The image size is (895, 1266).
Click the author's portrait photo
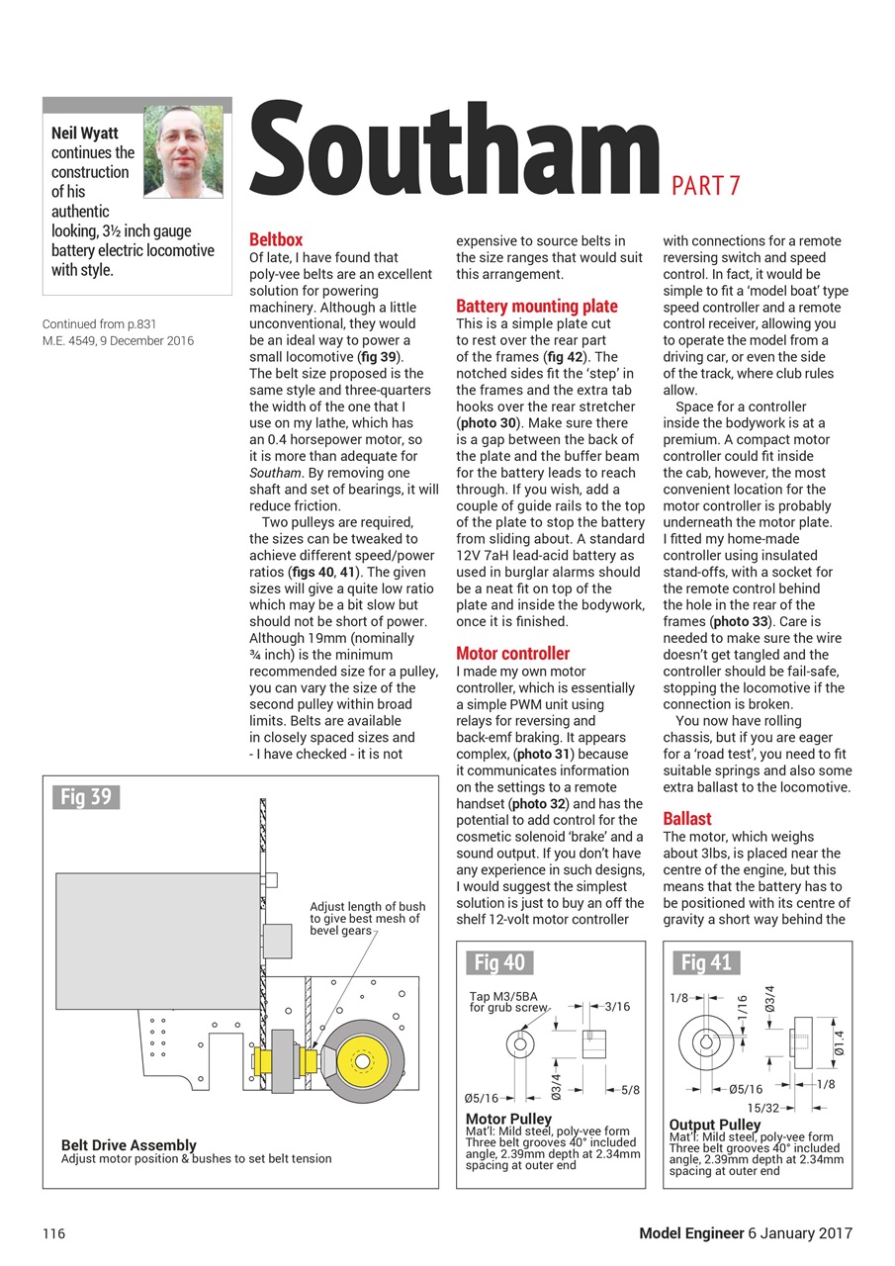183,151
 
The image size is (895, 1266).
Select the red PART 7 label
706,185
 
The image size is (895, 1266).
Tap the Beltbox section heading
276,239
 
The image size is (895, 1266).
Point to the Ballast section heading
687,818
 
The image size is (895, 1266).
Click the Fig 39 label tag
85,797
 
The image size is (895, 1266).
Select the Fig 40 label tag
499,961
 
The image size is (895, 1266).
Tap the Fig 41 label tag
706,961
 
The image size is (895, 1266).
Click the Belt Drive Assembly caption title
129,1145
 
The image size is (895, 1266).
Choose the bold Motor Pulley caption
508,1120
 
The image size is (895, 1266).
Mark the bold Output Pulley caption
715,1125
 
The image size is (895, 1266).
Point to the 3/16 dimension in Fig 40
616,1006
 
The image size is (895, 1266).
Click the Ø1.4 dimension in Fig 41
839,1043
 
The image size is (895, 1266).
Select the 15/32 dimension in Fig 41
762,1107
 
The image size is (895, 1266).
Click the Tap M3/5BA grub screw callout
506,1002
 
